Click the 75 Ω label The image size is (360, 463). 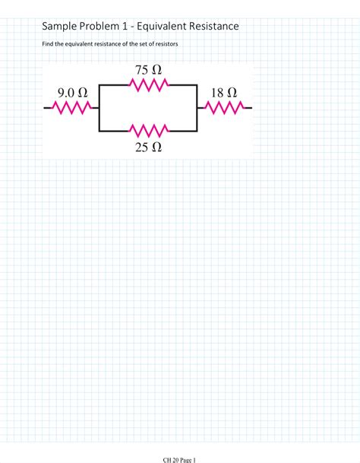148,70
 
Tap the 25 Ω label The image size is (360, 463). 148,147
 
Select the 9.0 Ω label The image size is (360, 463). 72,92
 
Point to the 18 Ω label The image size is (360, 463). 223,92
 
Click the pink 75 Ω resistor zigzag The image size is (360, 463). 148,86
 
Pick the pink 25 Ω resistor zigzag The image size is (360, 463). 148,129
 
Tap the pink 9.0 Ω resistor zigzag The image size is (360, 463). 72,108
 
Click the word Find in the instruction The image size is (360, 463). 48,44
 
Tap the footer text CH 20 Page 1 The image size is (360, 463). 179,459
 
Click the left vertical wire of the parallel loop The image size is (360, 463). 99,107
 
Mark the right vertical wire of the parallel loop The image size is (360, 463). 197,107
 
